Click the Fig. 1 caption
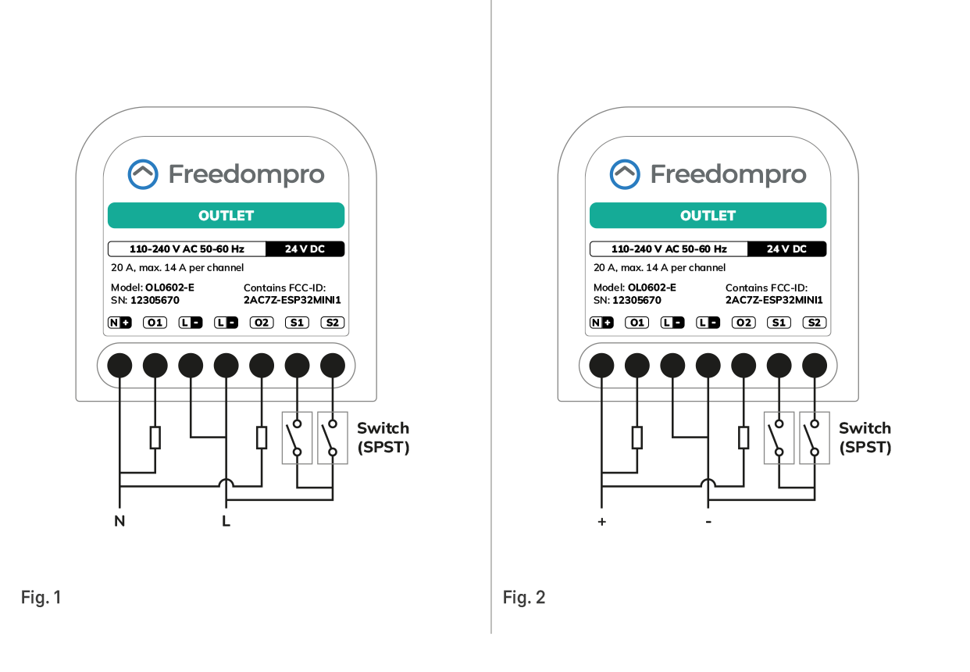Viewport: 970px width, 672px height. coord(41,598)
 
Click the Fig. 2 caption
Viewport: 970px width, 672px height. coord(524,598)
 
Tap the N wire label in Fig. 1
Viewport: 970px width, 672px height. coord(119,521)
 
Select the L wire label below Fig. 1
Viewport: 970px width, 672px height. coord(226,521)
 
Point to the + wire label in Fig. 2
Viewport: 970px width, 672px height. coord(601,521)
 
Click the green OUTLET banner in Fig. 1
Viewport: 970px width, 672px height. coord(226,216)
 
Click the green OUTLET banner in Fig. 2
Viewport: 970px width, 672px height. coord(708,216)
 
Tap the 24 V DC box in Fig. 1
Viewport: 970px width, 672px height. coord(305,249)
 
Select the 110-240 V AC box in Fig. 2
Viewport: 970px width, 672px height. coord(669,249)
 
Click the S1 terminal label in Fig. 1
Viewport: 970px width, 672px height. coord(297,322)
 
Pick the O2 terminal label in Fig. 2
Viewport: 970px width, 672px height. coord(744,322)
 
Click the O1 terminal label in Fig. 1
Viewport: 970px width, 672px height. coord(155,322)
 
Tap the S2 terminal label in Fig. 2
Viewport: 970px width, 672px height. coord(815,322)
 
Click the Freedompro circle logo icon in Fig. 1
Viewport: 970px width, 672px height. coord(143,174)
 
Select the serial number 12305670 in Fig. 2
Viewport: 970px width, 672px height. coord(637,300)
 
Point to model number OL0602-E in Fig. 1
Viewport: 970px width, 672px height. coord(169,288)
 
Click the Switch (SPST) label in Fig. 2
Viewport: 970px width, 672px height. coord(865,438)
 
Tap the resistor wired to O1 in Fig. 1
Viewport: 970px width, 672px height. coord(155,438)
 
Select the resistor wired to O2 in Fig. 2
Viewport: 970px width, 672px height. coord(744,438)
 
